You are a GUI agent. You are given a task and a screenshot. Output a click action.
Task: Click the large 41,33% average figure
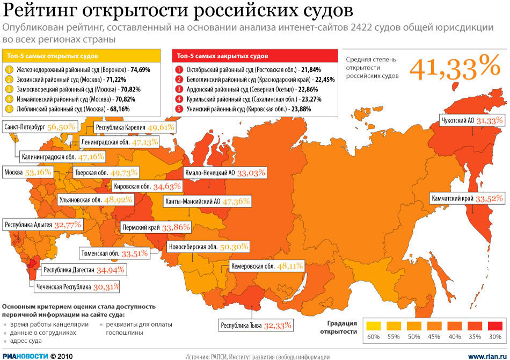pos(455,67)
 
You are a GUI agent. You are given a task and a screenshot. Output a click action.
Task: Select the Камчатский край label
pos(467,198)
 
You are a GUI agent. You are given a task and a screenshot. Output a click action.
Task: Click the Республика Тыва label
pos(256,325)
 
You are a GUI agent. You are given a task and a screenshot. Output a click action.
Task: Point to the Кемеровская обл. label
pos(267,265)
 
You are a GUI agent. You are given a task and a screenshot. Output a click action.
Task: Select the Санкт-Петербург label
pos(41,127)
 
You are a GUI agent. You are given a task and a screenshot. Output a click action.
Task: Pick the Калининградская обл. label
pos(63,157)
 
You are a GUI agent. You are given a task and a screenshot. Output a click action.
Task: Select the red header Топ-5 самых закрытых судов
pos(254,56)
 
